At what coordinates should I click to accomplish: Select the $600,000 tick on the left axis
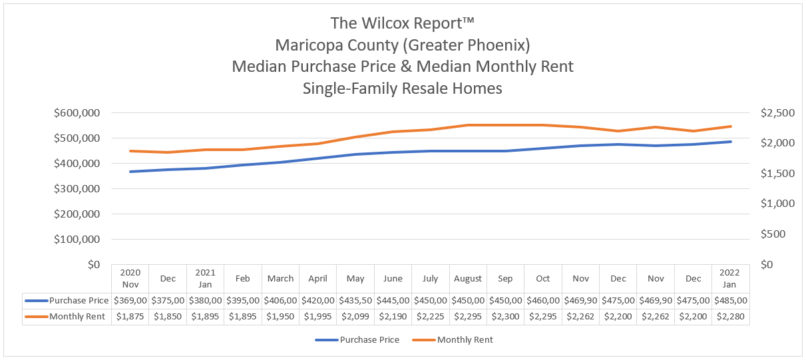point(75,113)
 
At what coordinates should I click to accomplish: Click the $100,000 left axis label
point(75,240)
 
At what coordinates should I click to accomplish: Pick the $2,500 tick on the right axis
point(776,113)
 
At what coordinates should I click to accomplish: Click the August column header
point(468,279)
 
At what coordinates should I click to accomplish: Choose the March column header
point(280,279)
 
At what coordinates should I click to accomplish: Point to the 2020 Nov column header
point(130,279)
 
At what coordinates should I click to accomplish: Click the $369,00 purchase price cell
point(130,301)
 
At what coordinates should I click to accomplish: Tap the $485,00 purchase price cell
point(731,301)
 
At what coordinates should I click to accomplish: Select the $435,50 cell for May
point(355,301)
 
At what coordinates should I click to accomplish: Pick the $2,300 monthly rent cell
point(505,317)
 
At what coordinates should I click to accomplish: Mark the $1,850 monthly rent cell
point(168,317)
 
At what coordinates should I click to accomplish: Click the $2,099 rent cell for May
point(355,317)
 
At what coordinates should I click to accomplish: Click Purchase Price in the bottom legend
point(369,340)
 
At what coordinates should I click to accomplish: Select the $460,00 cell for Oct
point(543,301)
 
